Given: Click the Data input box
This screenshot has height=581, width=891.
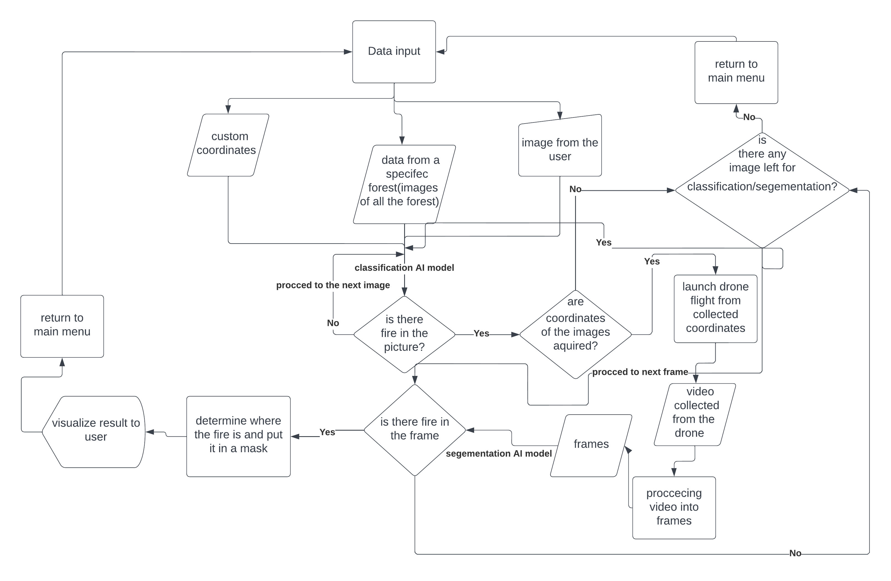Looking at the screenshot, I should [x=394, y=52].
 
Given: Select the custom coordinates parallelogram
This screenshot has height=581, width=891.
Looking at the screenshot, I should [x=228, y=145].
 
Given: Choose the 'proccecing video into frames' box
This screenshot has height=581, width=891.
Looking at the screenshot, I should [x=674, y=507].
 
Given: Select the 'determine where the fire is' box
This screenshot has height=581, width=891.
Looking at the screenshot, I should [x=238, y=436].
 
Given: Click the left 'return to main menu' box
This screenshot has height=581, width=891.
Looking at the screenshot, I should [x=62, y=326].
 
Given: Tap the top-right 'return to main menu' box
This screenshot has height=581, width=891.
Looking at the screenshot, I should [x=736, y=72].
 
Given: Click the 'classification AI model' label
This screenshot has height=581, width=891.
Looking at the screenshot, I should [x=404, y=268].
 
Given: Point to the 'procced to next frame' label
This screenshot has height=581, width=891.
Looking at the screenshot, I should [x=640, y=372].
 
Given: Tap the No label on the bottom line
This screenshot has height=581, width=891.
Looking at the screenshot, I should [x=795, y=553].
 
